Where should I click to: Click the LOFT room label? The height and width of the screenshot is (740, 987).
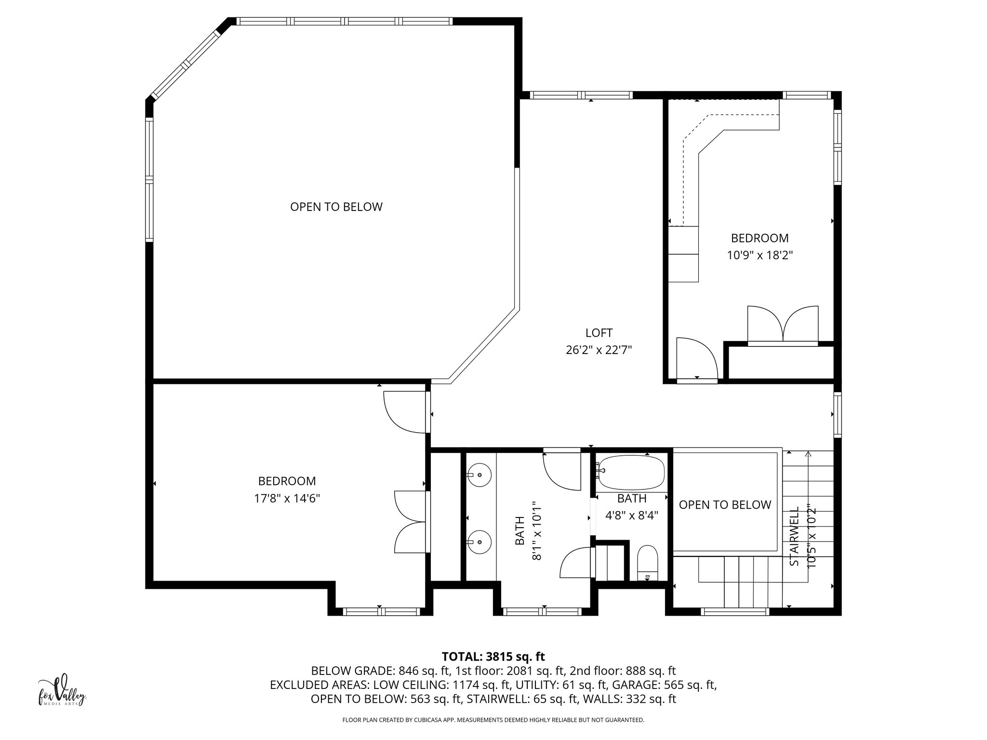point(599,333)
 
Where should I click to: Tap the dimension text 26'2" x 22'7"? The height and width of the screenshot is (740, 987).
point(599,350)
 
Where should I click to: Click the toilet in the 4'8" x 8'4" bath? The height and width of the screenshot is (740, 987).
point(647,562)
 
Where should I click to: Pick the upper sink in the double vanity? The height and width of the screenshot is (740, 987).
point(479,475)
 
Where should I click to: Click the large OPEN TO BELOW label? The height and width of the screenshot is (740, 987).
point(336,207)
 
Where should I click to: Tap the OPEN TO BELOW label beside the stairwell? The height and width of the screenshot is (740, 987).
point(724,504)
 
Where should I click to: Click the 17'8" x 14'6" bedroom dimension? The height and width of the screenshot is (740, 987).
point(287,498)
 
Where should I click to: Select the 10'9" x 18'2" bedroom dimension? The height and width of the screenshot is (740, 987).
point(760,255)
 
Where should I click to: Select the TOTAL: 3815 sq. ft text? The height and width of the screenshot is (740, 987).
point(493,656)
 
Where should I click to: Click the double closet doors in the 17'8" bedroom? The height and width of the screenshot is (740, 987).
point(410,522)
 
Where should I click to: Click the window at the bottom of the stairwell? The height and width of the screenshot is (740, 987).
point(734,612)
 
